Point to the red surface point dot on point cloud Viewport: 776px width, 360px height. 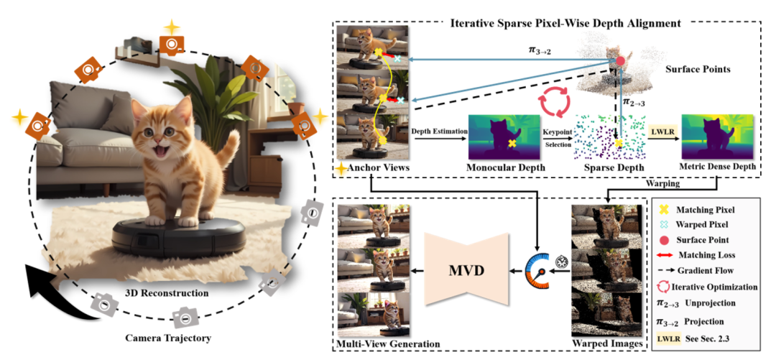coord(619,63)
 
